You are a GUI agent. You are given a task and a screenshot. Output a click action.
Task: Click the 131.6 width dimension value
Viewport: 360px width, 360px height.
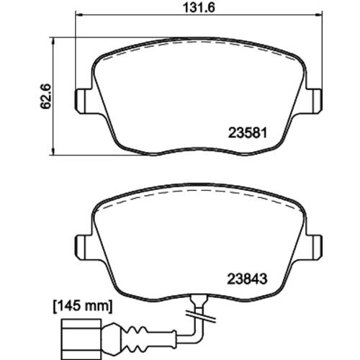click(199, 7)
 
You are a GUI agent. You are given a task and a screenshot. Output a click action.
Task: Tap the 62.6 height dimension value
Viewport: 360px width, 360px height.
click(45, 96)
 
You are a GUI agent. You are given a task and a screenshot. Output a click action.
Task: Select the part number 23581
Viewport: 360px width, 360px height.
click(248, 132)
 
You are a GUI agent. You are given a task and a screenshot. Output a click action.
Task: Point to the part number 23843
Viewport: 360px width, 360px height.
click(247, 279)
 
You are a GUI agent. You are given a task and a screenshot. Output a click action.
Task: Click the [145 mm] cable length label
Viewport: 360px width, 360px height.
click(83, 306)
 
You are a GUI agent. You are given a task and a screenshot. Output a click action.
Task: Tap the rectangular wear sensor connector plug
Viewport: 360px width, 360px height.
click(81, 339)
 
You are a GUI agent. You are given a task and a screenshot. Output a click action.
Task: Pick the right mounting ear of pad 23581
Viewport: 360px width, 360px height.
click(315, 101)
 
